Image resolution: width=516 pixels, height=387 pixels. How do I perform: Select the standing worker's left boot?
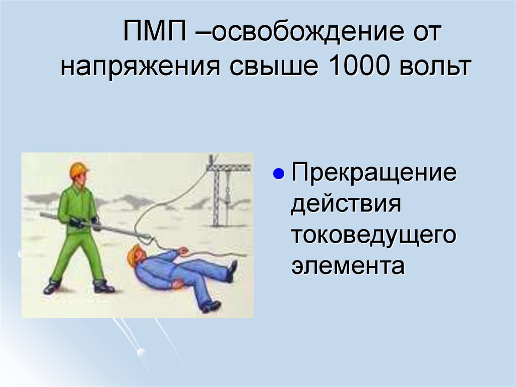(103, 287)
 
